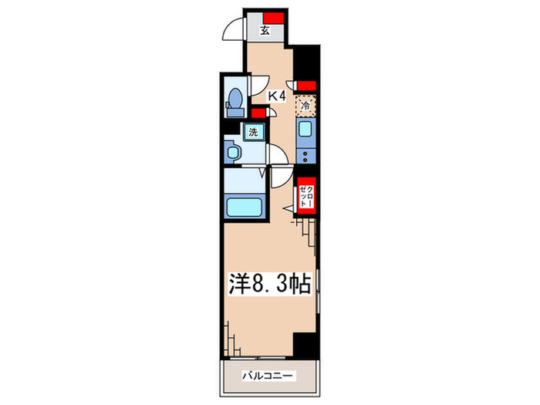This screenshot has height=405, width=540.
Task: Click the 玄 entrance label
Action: [x=265, y=32]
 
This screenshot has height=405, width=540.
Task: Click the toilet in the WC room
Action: [x=235, y=101]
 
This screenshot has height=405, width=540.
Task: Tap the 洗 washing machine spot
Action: [x=252, y=132]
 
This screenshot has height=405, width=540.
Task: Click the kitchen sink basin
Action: [x=305, y=130]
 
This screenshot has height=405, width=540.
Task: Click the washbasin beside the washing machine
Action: [x=232, y=151]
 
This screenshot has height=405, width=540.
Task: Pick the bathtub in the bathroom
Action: [x=245, y=207]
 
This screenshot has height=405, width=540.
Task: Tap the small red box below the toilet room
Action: [x=262, y=111]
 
